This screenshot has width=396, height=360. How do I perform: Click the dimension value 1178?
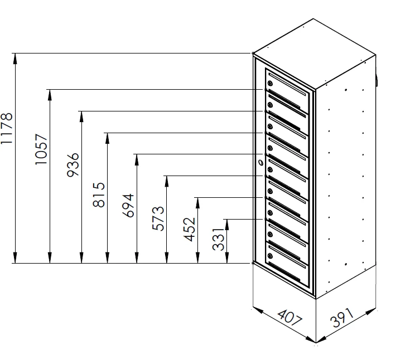tap(7, 128)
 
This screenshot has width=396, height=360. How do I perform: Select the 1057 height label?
tap(41, 149)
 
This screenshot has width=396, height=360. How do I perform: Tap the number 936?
tap(73, 165)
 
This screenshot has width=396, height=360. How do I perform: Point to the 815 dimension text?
tap(99, 194)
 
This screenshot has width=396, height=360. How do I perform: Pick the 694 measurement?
tap(128, 205)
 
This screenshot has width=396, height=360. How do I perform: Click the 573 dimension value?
tap(158, 218)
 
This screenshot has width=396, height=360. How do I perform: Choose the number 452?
tap(189, 230)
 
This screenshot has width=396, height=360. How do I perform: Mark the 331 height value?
tap(219, 239)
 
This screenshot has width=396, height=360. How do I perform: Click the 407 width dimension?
tap(289, 319)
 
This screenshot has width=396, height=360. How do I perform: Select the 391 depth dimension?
tap(342, 317)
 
